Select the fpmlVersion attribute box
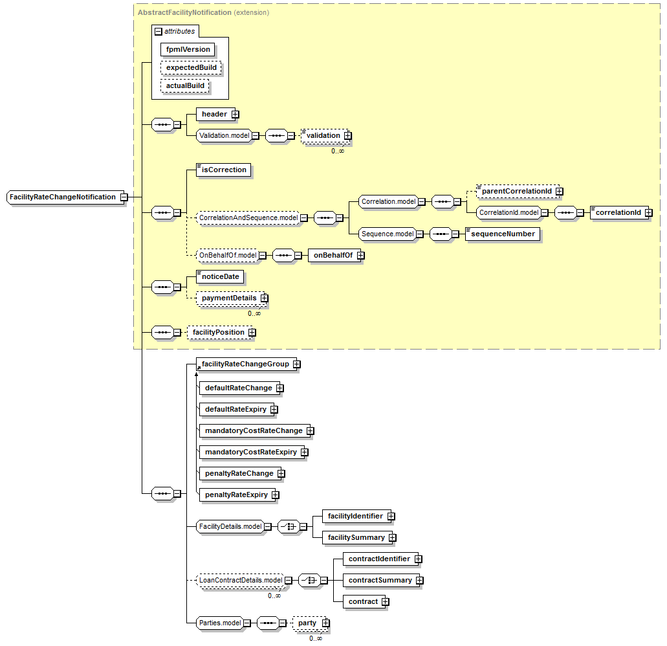tap(188, 49)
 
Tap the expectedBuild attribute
tap(191, 68)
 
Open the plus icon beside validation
tap(348, 136)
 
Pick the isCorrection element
tap(223, 170)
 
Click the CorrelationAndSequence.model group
tap(248, 218)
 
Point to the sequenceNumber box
tap(503, 234)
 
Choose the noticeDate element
tap(220, 276)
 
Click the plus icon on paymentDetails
tap(265, 298)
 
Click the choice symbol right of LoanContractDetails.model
tap(309, 581)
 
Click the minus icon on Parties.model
tap(246, 623)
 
